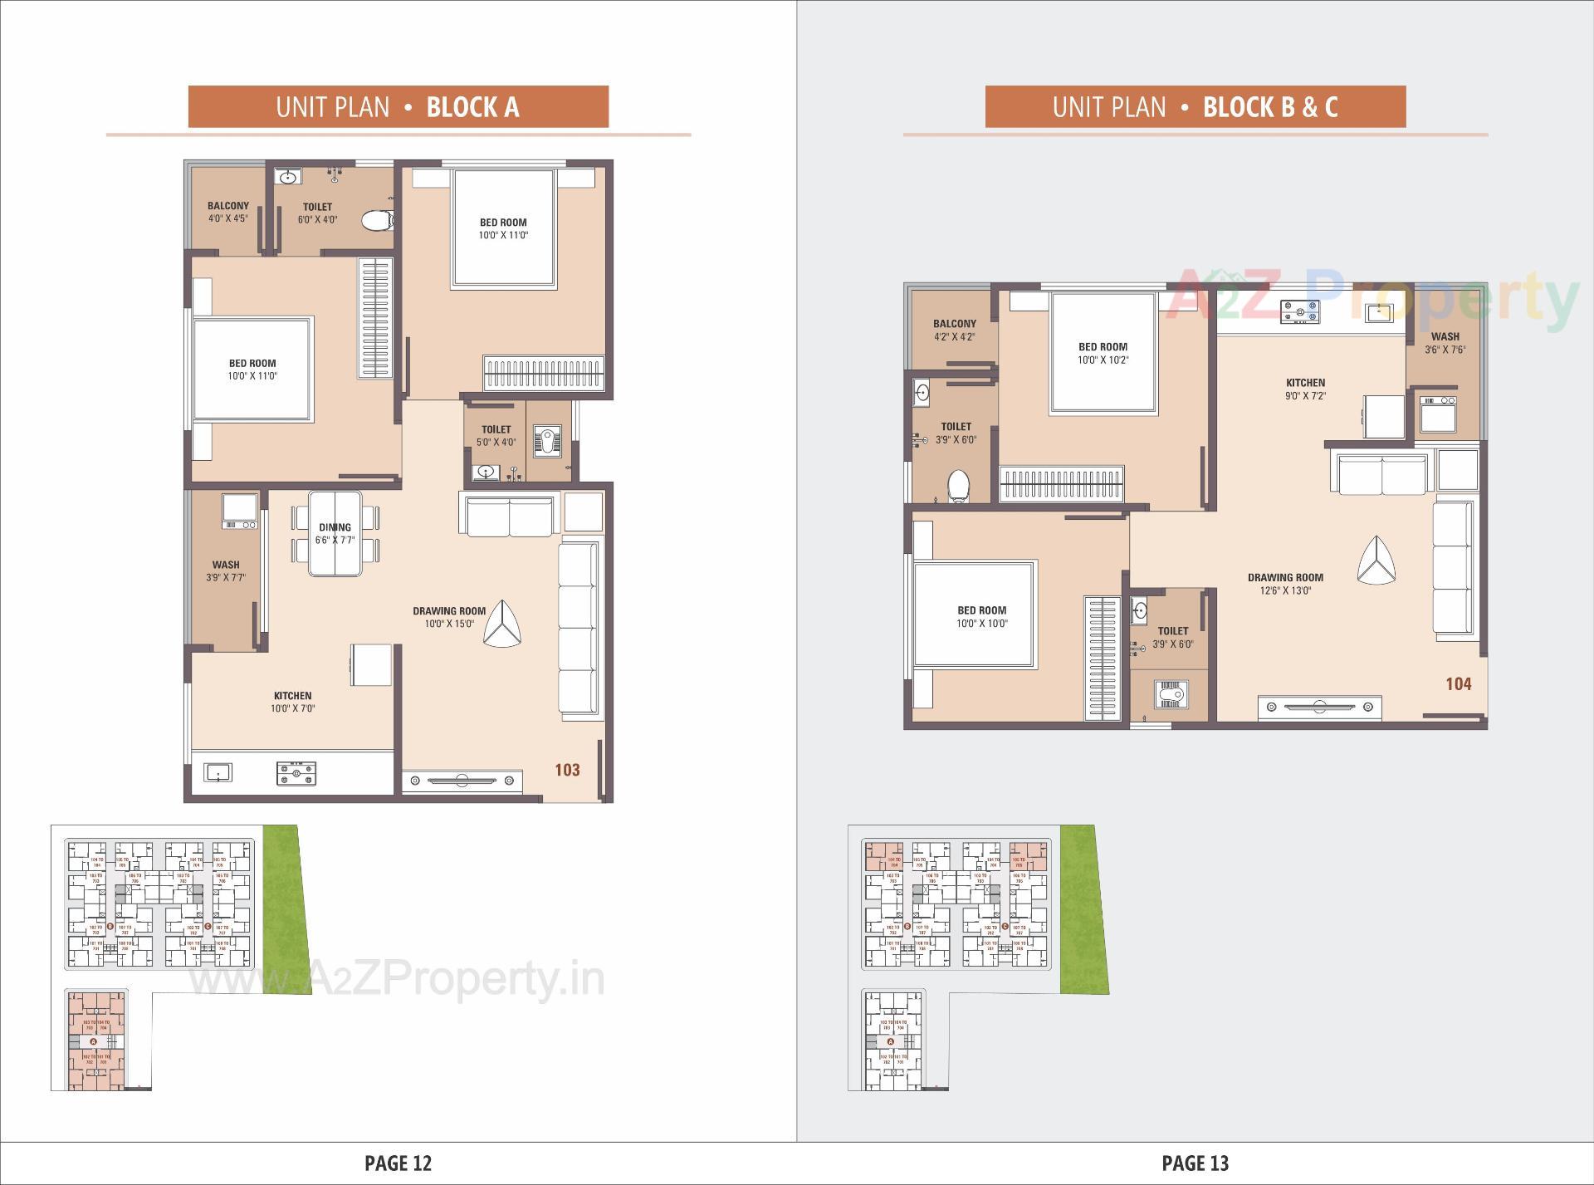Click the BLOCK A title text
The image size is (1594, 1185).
point(472,107)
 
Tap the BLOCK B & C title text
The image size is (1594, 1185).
point(1269,107)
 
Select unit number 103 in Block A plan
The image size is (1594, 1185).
point(567,770)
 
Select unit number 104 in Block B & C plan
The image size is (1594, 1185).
point(1458,683)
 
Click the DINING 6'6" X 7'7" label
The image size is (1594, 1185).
point(335,533)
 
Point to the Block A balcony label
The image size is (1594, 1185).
point(227,212)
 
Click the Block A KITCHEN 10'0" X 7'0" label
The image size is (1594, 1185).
point(292,702)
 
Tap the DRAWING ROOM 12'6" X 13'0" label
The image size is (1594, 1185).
point(1284,584)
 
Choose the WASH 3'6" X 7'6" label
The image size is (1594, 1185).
point(1445,343)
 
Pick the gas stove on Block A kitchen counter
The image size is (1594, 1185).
point(296,774)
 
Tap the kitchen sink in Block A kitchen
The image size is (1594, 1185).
point(218,773)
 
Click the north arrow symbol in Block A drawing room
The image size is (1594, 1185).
point(502,625)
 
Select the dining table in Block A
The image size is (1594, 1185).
point(335,533)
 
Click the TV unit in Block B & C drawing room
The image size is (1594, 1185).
point(1319,708)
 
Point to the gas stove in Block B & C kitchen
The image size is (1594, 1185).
point(1299,311)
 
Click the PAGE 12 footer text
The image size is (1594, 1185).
point(398,1163)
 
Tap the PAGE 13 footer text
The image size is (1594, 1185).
point(1195,1163)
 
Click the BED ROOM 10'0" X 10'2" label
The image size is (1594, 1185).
point(1103,353)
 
